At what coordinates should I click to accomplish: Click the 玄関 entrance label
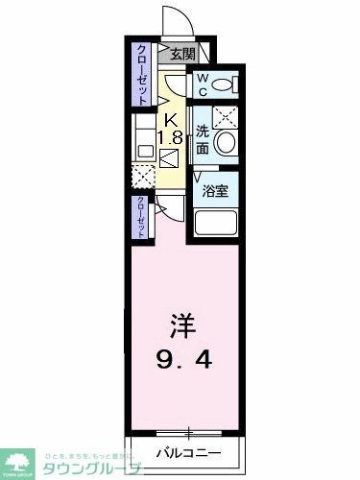(x=182, y=56)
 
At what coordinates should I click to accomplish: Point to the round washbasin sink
(x=225, y=144)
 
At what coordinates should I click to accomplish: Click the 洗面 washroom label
(x=203, y=140)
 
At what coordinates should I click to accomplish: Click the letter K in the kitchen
(x=170, y=119)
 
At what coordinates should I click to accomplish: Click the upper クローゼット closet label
(x=140, y=73)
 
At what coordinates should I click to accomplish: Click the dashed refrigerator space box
(x=142, y=176)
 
